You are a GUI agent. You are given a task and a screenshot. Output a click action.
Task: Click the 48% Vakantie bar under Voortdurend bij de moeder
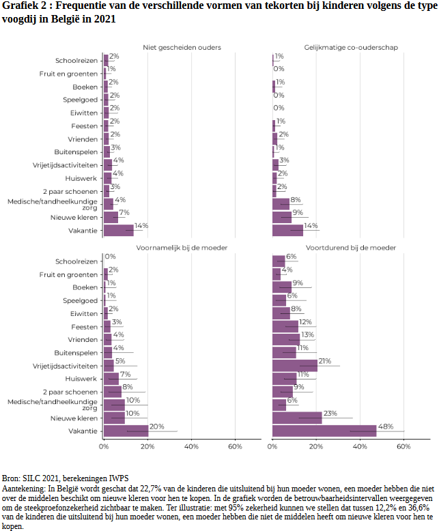[324, 431]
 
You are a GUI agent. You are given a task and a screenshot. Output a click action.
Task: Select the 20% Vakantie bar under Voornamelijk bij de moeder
[126, 431]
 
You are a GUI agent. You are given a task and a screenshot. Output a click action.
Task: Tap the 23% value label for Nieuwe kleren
[330, 413]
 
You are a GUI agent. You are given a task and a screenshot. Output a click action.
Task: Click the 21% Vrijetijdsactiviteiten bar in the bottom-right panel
[295, 366]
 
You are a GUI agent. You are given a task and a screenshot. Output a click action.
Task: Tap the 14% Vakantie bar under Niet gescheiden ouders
[119, 230]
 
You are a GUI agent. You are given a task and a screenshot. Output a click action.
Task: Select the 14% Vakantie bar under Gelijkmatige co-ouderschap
[287, 230]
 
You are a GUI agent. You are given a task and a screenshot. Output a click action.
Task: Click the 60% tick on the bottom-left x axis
[234, 447]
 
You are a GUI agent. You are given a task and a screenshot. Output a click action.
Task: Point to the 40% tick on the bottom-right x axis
[360, 447]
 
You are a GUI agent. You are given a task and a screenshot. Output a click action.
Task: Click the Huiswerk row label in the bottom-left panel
[83, 379]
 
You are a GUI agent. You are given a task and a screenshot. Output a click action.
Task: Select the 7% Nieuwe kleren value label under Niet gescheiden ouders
[124, 213]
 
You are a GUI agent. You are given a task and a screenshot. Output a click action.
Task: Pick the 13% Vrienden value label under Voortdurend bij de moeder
[308, 334]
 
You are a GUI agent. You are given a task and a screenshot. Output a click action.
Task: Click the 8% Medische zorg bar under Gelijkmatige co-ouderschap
[281, 204]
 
